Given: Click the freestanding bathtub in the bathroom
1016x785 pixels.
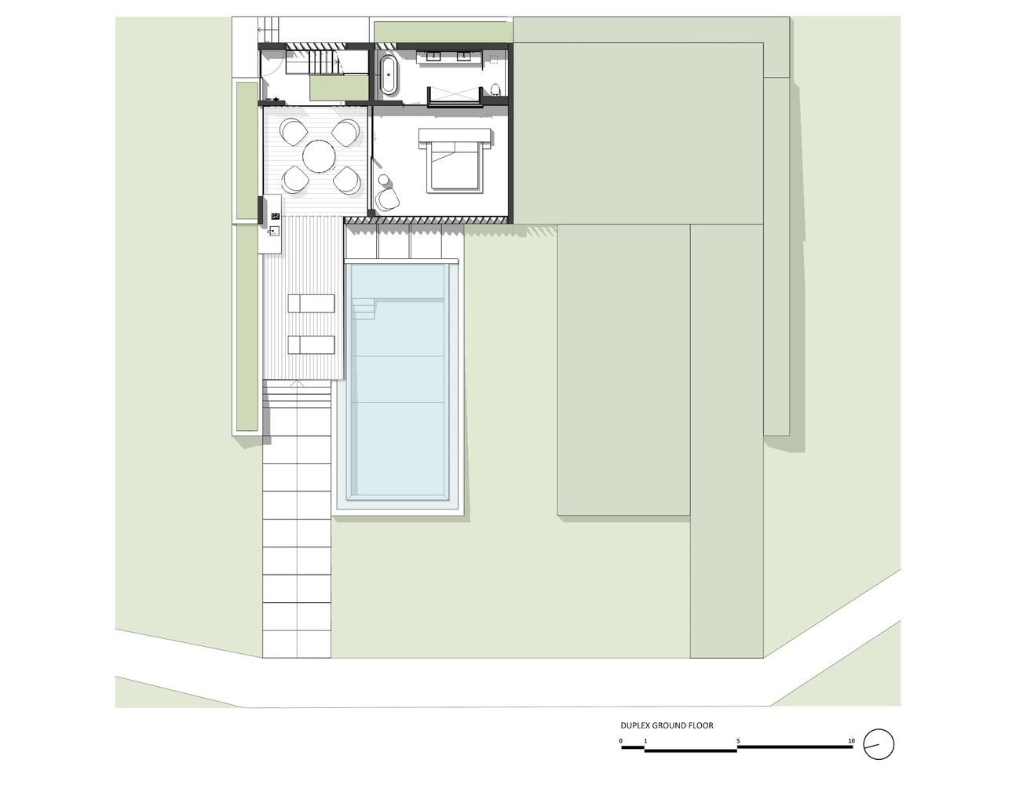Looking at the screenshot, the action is [389, 75].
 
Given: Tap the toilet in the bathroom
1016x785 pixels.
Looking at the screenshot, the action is [496, 89].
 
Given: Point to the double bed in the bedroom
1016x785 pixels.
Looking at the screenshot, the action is [455, 161].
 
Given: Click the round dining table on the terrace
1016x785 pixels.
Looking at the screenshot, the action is [320, 156].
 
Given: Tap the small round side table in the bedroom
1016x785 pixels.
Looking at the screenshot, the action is [384, 180].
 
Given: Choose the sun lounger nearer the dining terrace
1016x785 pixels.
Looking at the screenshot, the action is [311, 303].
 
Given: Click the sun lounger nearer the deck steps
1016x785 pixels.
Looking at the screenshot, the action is [311, 345].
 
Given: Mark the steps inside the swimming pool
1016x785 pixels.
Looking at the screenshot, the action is [364, 309].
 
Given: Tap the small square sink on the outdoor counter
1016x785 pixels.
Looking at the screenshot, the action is [275, 230].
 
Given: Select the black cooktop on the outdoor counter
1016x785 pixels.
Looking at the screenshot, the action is [276, 216].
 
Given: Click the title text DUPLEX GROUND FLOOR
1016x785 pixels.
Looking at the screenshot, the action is [667, 725].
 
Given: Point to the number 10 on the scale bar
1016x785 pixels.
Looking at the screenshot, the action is [851, 741].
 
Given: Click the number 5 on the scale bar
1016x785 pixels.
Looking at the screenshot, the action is [738, 741].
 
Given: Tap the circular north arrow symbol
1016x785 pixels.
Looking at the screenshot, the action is [879, 744].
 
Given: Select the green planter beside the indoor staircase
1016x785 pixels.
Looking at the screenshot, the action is [338, 88].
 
